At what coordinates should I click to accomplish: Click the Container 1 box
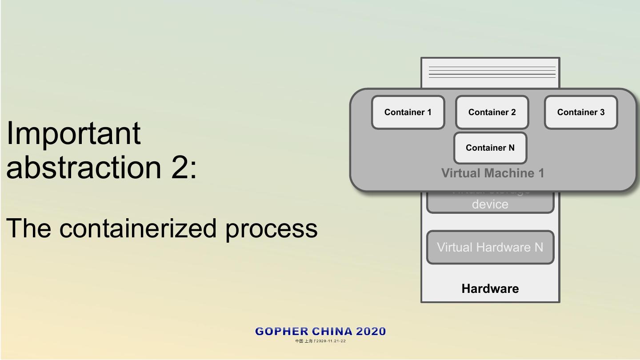[x=408, y=112]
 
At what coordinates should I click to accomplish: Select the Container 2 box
[x=492, y=112]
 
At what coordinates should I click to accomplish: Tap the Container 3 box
[x=581, y=112]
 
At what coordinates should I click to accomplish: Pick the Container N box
[x=490, y=148]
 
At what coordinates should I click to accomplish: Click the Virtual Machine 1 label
[x=492, y=173]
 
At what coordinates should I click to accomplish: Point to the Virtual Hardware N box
[x=490, y=247]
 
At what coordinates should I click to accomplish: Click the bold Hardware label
[x=490, y=289]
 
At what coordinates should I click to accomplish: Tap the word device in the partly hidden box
[x=490, y=204]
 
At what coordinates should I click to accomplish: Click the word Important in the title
[x=73, y=133]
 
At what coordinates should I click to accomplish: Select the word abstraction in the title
[x=84, y=168]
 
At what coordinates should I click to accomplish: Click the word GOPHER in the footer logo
[x=282, y=332]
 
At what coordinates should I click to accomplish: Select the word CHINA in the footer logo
[x=332, y=332]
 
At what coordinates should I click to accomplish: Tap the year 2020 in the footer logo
[x=371, y=332]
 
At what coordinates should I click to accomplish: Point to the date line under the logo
[x=320, y=341]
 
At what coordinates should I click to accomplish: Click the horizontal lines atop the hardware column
[x=492, y=72]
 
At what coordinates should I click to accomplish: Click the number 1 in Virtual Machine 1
[x=541, y=173]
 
